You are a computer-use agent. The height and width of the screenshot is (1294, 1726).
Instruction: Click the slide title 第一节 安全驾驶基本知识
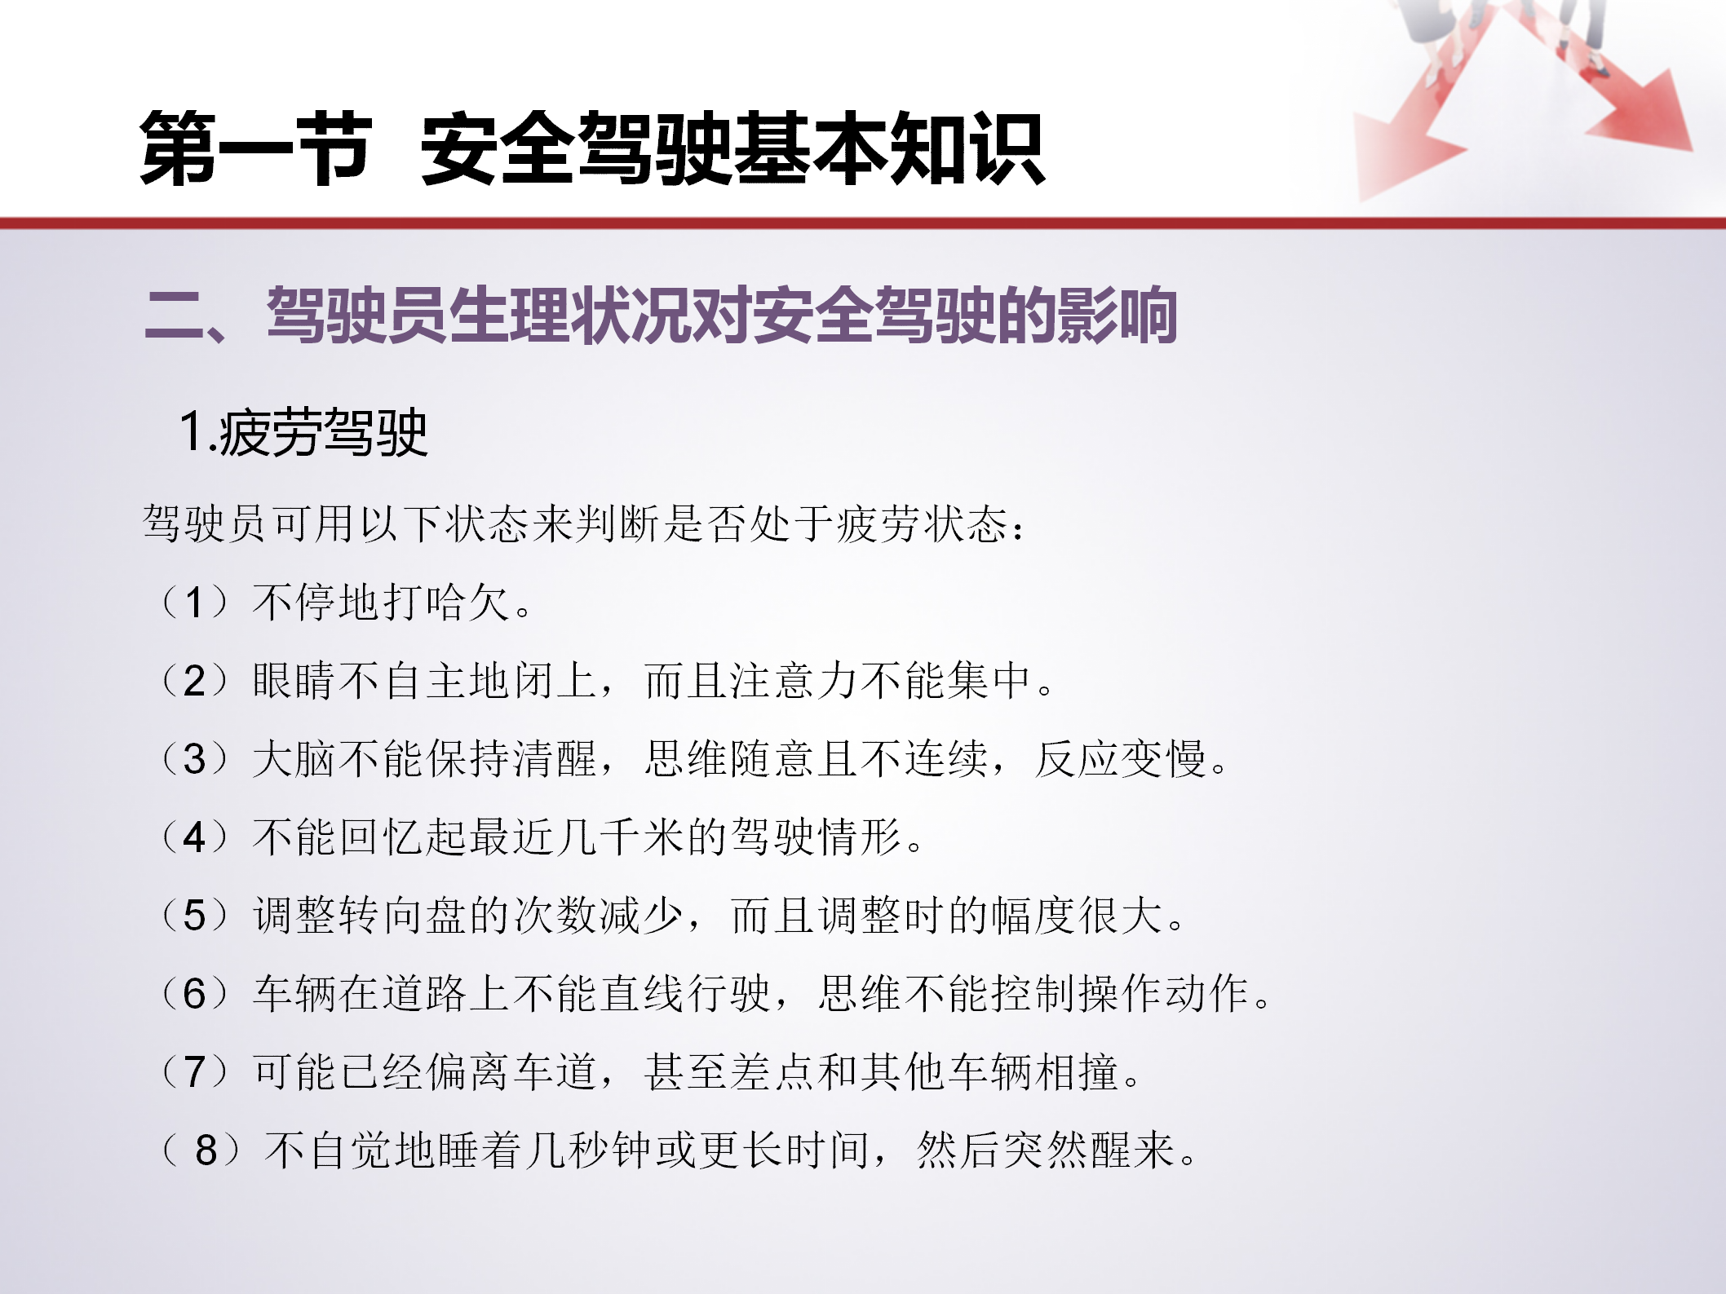pyautogui.click(x=592, y=149)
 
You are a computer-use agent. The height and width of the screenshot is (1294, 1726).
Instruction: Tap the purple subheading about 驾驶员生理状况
pyautogui.click(x=661, y=315)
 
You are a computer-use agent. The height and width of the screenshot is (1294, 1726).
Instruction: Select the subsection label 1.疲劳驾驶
pyautogui.click(x=303, y=432)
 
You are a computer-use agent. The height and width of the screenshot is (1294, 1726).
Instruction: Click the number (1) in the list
pyautogui.click(x=195, y=603)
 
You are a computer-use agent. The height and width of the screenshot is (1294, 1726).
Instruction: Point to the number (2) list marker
pyautogui.click(x=195, y=681)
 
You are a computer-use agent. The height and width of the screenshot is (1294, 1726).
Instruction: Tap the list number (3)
pyautogui.click(x=195, y=759)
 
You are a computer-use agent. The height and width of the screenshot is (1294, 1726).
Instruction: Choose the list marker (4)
pyautogui.click(x=195, y=837)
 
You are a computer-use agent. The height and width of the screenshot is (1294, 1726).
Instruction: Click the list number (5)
pyautogui.click(x=195, y=916)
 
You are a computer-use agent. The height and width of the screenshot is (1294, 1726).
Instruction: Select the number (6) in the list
pyautogui.click(x=195, y=994)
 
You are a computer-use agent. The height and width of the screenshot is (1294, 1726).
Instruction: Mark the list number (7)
pyautogui.click(x=195, y=1072)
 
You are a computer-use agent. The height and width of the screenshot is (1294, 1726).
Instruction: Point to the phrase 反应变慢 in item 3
pyautogui.click(x=1121, y=759)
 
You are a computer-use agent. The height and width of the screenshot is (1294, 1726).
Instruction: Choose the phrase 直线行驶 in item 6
pyautogui.click(x=684, y=994)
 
